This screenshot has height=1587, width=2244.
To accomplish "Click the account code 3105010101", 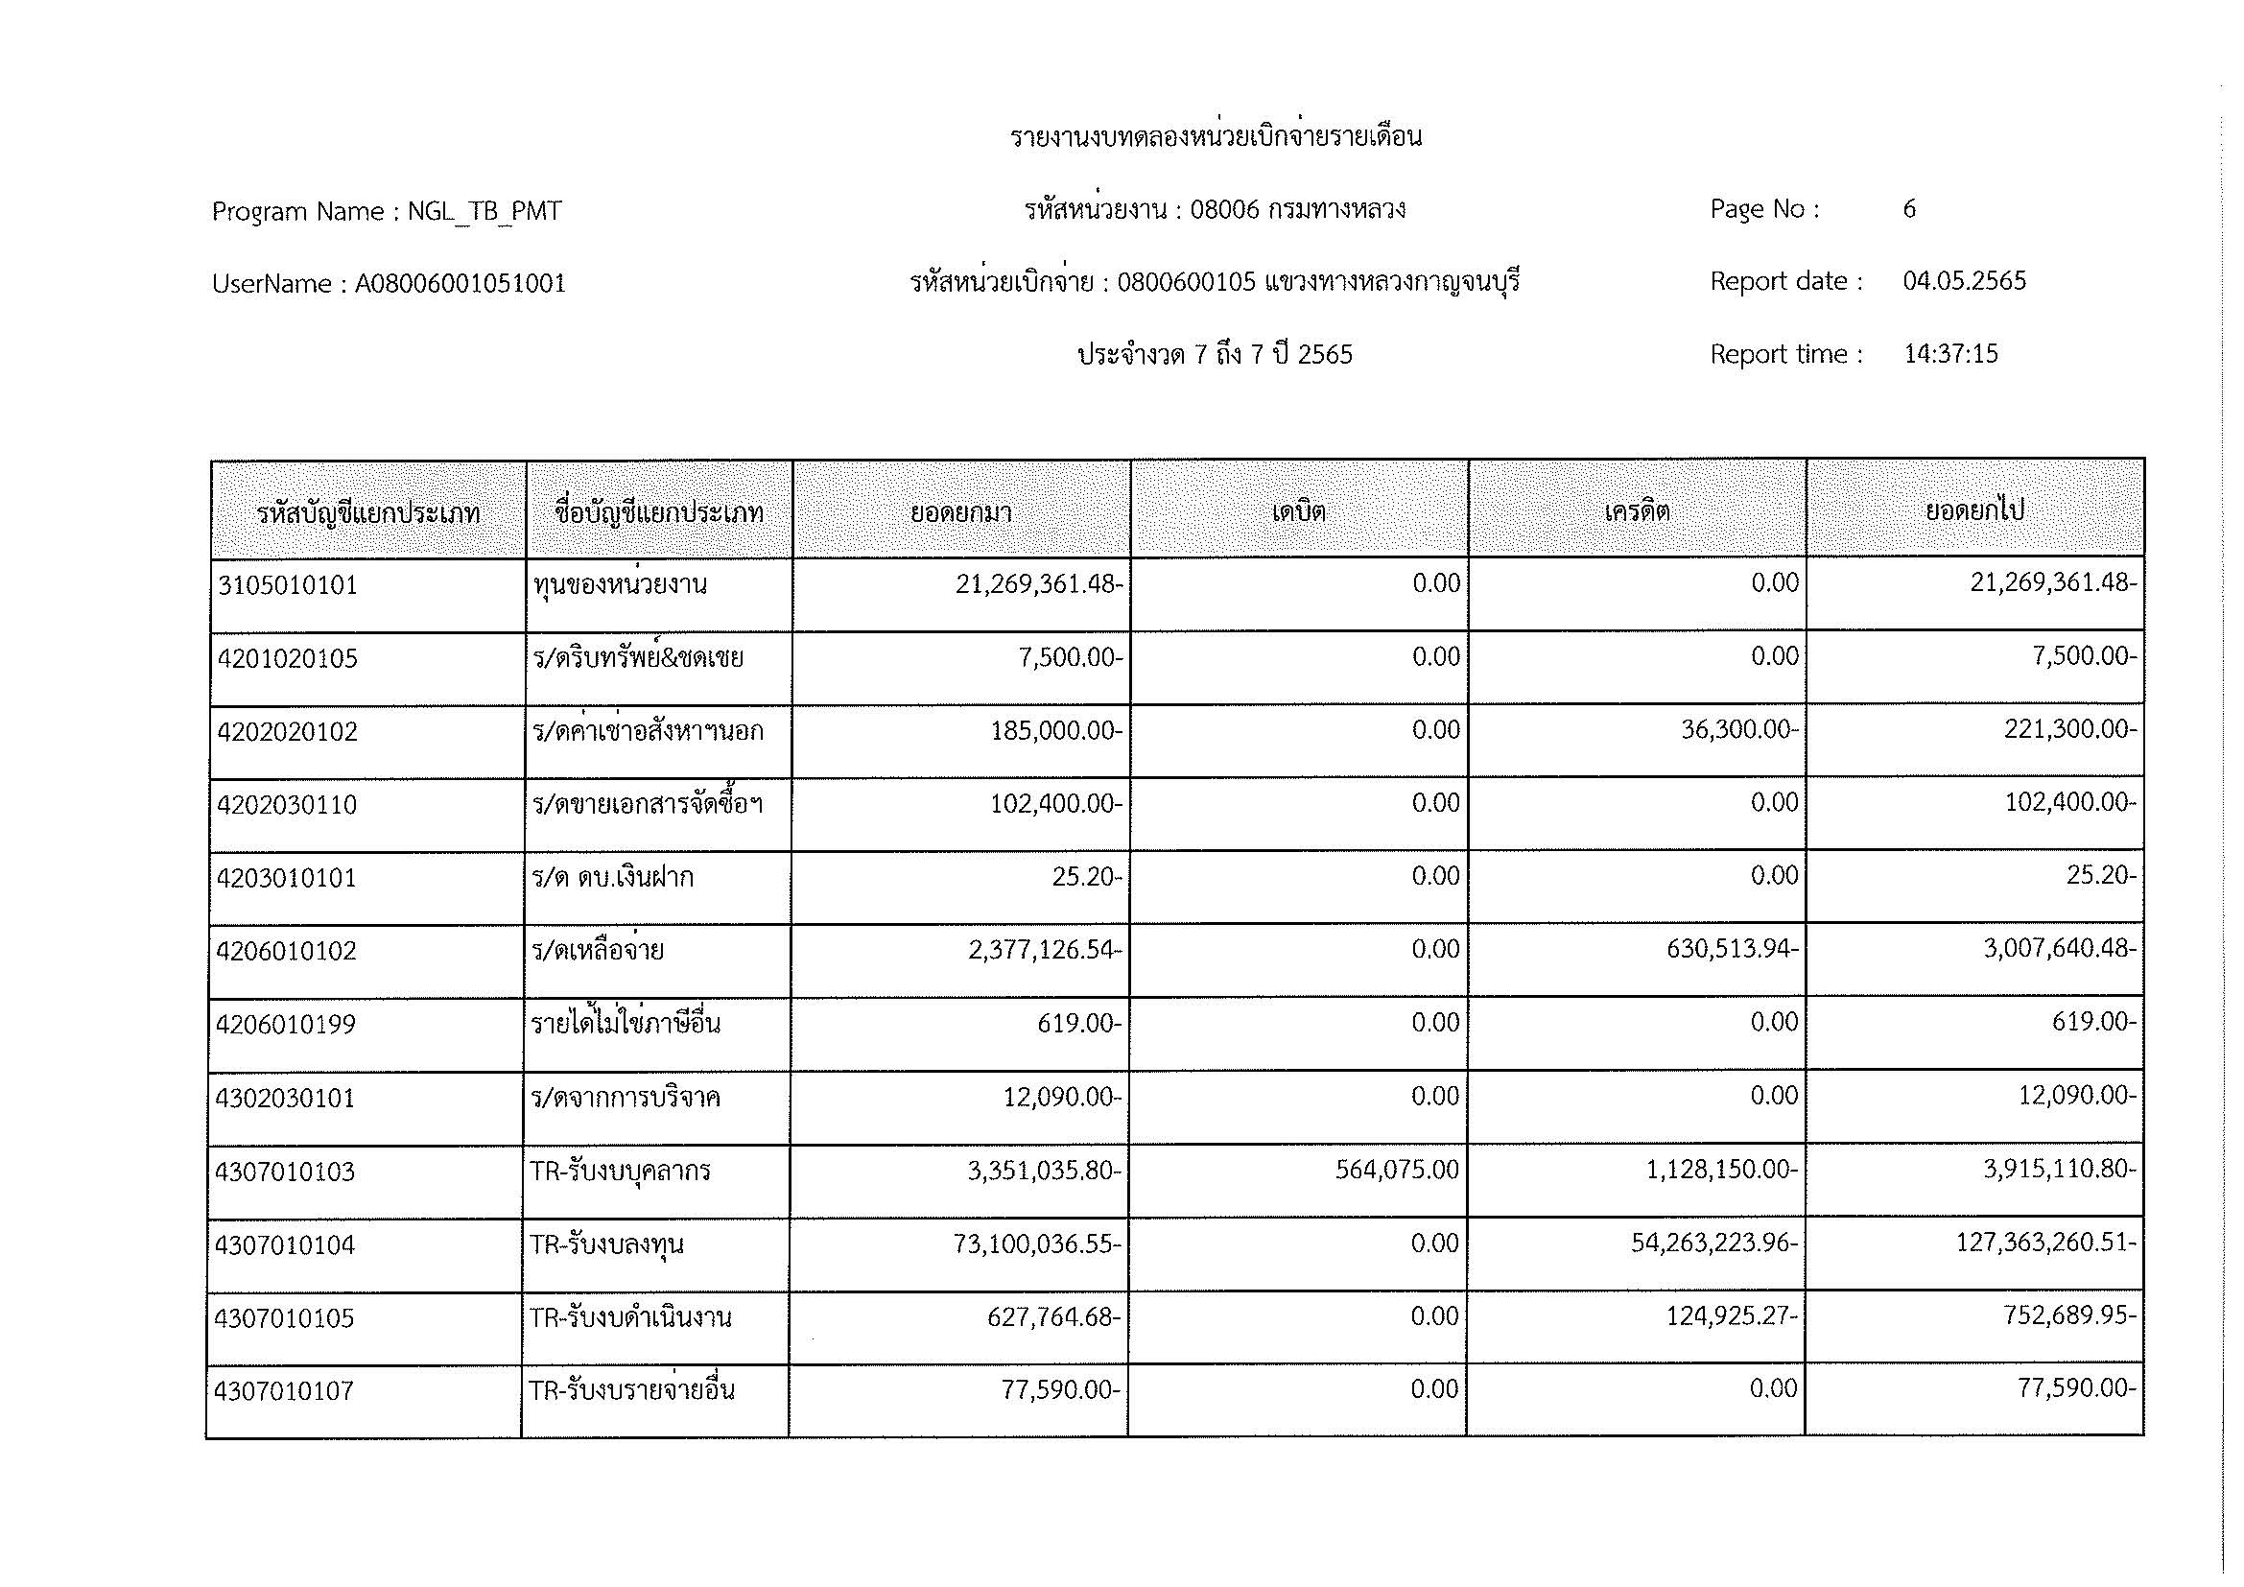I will pyautogui.click(x=288, y=585).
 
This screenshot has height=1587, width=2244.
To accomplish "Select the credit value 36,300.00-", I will pyautogui.click(x=1738, y=730).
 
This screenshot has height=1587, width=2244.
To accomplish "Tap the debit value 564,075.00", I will pyautogui.click(x=1397, y=1170).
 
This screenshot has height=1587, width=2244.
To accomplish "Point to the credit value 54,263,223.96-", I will pyautogui.click(x=1713, y=1243).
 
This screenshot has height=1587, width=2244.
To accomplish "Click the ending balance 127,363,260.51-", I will pyautogui.click(x=2045, y=1242).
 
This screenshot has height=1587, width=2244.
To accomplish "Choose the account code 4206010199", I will pyautogui.click(x=286, y=1024).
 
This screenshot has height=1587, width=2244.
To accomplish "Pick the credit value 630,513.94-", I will pyautogui.click(x=1732, y=949).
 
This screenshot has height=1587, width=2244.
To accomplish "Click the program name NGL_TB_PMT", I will pyautogui.click(x=484, y=211).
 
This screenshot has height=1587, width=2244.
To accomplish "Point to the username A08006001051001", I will pyautogui.click(x=461, y=283).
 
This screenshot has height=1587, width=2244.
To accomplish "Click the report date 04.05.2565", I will pyautogui.click(x=1964, y=281).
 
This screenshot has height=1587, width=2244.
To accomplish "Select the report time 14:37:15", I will pyautogui.click(x=1950, y=354).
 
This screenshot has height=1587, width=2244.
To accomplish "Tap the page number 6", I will pyautogui.click(x=1909, y=208).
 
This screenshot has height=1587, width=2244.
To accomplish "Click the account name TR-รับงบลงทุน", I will pyautogui.click(x=606, y=1244).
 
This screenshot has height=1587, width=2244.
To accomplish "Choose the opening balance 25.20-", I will pyautogui.click(x=1087, y=877).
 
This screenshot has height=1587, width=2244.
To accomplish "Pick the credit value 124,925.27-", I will pyautogui.click(x=1732, y=1316).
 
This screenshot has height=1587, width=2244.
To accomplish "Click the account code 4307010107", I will pyautogui.click(x=283, y=1390).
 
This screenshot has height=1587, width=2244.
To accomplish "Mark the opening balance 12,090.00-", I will pyautogui.click(x=1062, y=1097).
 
